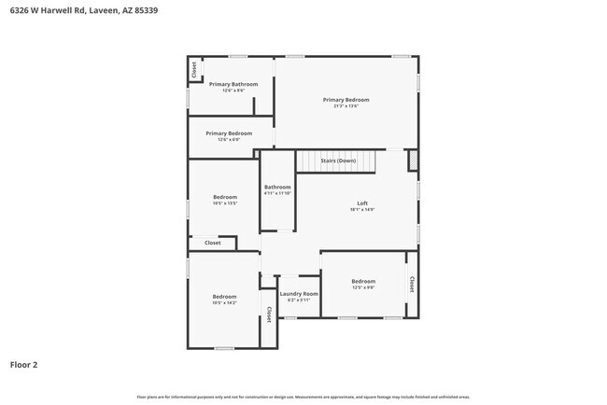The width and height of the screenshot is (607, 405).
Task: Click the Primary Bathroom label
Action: click(233, 84)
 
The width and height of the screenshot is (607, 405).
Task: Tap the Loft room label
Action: click(362, 203)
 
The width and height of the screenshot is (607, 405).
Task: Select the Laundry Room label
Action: click(299, 294)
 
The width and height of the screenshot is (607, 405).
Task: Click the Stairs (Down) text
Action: click(338, 161)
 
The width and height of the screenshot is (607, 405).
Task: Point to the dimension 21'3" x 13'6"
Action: click(346, 106)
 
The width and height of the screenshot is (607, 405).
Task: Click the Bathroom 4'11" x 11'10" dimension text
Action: click(277, 193)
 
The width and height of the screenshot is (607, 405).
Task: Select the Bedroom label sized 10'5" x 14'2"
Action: click(224, 296)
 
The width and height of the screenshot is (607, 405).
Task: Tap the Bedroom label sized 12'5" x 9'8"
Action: click(363, 281)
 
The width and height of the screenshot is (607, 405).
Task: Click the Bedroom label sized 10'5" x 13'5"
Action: click(224, 197)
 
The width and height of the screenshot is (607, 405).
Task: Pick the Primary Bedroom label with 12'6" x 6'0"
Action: click(229, 133)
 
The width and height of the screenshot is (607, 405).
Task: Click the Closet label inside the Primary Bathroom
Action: click(194, 69)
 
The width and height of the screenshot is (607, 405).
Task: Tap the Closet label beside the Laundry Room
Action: click(269, 315)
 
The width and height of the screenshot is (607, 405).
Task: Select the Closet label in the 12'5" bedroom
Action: click(411, 283)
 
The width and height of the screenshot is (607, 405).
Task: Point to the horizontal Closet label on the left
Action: click(213, 243)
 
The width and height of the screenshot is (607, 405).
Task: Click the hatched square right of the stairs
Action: click(412, 161)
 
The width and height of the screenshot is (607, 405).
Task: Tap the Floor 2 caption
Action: click(24, 365)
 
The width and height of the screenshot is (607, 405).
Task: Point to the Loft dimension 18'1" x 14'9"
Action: click(362, 210)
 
